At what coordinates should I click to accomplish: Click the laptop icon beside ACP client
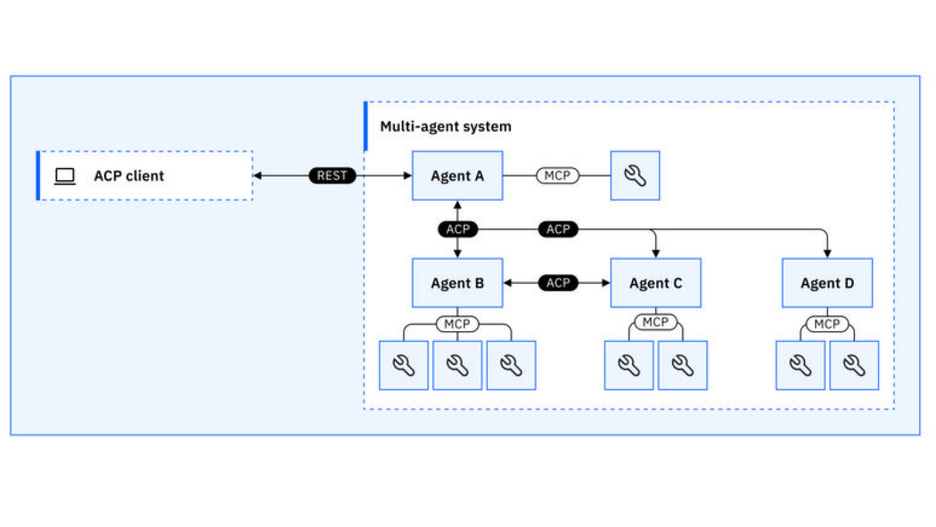tap(65, 176)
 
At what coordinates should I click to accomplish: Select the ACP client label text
tap(129, 176)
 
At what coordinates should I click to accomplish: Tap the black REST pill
tap(332, 176)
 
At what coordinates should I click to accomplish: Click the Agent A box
tap(457, 176)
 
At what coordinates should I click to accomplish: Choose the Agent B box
tap(457, 283)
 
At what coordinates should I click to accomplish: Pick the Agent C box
tap(655, 283)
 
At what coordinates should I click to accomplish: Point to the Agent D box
tap(827, 283)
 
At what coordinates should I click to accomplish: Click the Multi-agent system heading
tap(446, 126)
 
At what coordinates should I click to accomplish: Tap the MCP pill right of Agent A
tap(558, 176)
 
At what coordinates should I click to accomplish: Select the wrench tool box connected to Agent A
tap(635, 176)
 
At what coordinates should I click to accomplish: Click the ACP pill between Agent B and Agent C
tap(558, 283)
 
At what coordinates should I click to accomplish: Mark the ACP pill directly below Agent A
tap(458, 229)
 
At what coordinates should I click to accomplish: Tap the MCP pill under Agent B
tap(458, 324)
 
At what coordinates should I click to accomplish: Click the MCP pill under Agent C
tap(655, 322)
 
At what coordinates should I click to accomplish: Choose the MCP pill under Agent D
tap(827, 324)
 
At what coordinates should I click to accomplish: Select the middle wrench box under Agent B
tap(458, 365)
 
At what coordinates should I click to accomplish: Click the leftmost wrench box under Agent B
tap(404, 365)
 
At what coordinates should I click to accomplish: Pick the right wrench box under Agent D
tap(854, 365)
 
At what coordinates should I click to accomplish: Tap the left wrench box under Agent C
tap(629, 365)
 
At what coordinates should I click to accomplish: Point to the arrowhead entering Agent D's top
tap(827, 253)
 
